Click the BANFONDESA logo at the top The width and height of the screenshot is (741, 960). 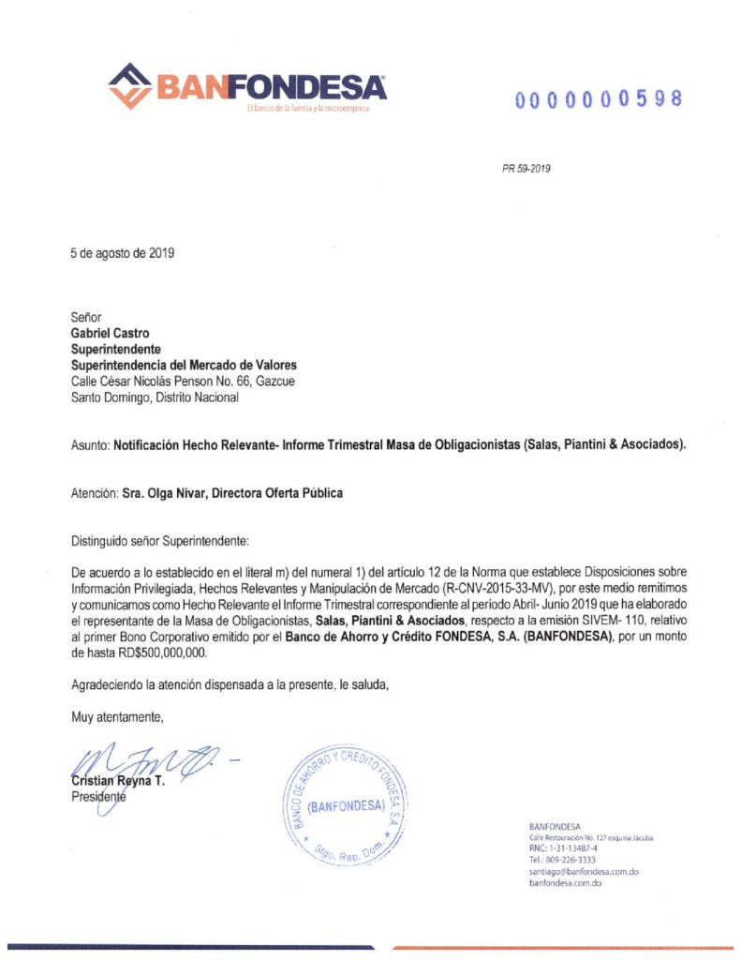coord(247,87)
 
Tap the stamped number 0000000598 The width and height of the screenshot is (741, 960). coord(598,98)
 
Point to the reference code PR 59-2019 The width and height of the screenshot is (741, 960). coord(526,169)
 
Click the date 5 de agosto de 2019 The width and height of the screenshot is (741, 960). coord(123,252)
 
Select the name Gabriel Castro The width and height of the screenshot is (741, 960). coord(110,332)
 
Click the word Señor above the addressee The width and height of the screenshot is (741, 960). coord(86,317)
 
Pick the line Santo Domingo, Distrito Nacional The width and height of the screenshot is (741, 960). coord(155,397)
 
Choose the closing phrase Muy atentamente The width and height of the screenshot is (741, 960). coord(118,717)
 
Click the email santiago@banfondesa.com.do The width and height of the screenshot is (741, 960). coord(584,872)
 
